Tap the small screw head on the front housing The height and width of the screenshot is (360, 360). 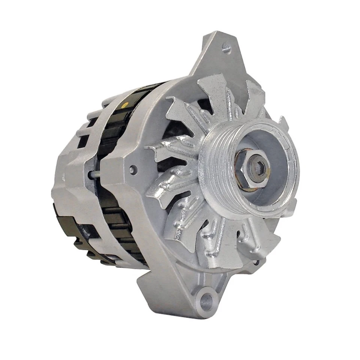click(x=131, y=170)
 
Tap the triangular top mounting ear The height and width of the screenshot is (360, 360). click(x=217, y=56)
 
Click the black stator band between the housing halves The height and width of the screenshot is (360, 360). click(x=112, y=150)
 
